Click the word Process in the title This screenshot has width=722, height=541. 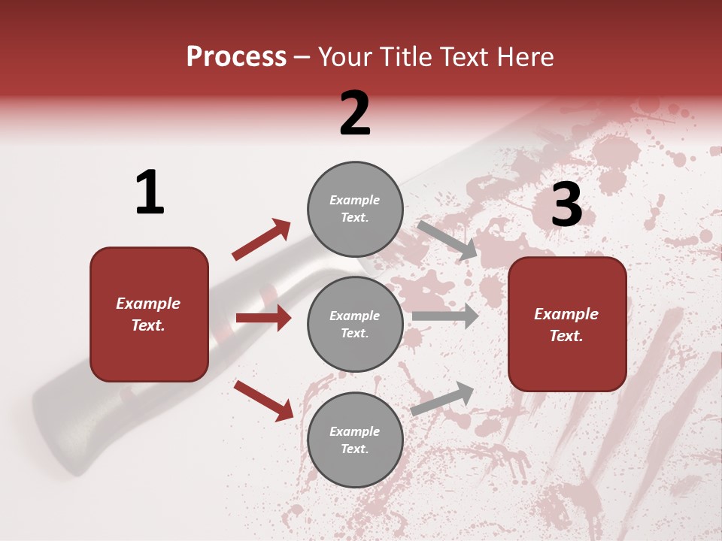tap(236, 57)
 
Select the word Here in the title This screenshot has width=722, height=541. tap(524, 57)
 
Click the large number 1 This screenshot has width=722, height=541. tap(150, 192)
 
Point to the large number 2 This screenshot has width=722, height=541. tap(355, 113)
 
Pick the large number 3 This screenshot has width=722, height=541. tap(566, 204)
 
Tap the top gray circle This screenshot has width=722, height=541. tap(355, 209)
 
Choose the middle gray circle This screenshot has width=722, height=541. tap(355, 324)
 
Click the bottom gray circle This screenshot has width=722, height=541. tap(355, 440)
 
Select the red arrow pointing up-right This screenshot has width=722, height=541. tap(261, 240)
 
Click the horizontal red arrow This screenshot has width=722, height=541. tap(263, 318)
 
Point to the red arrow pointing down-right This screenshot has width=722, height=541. tap(263, 400)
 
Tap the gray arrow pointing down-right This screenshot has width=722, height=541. tap(447, 240)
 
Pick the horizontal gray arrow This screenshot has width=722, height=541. tap(445, 316)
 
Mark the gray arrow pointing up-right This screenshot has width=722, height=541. tap(442, 398)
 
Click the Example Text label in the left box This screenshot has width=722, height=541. tap(149, 314)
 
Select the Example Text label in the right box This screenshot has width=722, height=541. tap(566, 325)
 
